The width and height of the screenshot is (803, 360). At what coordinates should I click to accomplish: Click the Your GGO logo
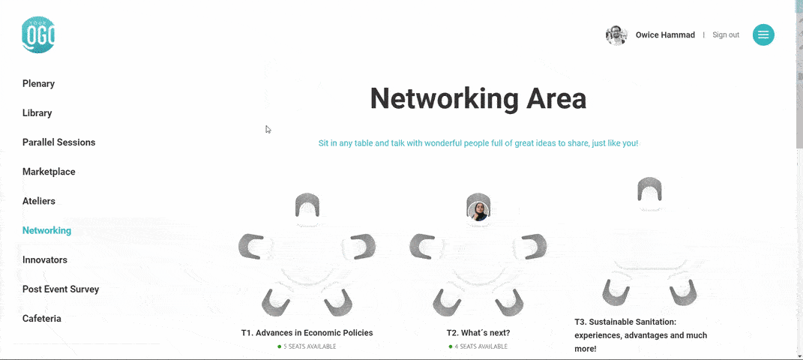tap(38, 34)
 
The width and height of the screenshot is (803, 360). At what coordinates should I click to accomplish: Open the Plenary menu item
tap(38, 83)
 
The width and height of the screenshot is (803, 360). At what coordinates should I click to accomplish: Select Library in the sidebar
tap(37, 113)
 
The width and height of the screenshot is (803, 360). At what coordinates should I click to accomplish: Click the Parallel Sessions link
tap(59, 142)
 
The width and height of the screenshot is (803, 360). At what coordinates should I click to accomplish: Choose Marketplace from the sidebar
tap(49, 172)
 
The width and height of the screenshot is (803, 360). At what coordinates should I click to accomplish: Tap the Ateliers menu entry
tap(39, 201)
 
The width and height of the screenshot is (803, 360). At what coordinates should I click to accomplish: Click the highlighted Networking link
tap(46, 230)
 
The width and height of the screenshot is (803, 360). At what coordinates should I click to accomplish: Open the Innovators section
tap(44, 259)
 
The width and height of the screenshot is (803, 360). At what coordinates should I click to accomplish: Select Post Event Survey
tap(61, 289)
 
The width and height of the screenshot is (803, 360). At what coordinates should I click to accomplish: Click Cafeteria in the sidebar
tap(42, 319)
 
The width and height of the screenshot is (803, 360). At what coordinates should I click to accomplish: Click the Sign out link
tap(726, 34)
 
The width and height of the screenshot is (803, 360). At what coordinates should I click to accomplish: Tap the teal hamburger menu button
tap(763, 34)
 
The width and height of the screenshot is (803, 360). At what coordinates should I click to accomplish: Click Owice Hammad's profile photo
tap(616, 34)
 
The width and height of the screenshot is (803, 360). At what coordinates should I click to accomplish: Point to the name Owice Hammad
tap(665, 34)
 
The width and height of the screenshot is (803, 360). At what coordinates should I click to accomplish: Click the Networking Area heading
tap(478, 98)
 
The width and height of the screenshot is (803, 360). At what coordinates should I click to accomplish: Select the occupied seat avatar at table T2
tap(478, 211)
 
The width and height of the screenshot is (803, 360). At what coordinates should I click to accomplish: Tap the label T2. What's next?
tap(478, 333)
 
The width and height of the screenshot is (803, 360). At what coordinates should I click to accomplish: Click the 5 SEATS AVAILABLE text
tap(310, 346)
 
